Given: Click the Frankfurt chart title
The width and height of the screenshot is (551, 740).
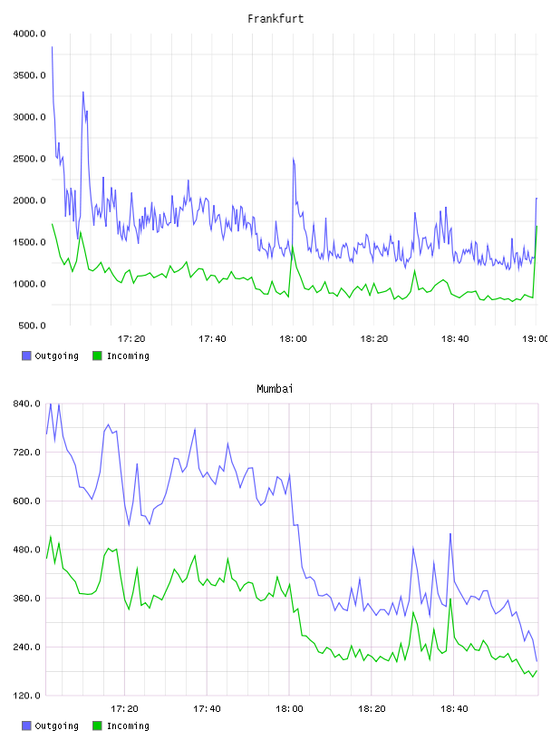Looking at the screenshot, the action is point(275,19).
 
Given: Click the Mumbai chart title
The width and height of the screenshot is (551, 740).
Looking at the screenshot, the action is point(275,389).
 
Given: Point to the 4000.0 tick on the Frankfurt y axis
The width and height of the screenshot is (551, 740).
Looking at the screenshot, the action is point(29,34).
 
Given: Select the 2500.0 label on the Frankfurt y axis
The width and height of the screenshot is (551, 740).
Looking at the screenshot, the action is point(29,159).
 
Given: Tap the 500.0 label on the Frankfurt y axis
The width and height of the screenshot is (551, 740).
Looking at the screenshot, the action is point(32,326).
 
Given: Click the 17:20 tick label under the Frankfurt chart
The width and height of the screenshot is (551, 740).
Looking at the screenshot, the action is point(131,339).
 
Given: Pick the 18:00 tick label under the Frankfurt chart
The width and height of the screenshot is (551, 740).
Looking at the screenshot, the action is point(293,339).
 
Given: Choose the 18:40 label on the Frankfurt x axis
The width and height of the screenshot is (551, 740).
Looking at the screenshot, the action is point(455,339).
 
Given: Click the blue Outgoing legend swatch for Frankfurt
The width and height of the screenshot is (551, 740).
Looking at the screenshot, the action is point(26,355).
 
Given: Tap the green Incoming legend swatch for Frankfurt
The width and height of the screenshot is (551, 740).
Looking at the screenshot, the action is point(97,355).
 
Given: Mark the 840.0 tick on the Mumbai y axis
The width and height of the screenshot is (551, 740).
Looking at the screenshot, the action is point(27,404).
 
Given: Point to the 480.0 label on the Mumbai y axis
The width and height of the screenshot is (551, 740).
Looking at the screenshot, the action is point(27,550).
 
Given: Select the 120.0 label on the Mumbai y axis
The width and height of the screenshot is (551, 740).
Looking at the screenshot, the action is point(27,696).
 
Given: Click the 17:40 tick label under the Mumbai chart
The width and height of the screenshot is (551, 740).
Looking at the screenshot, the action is point(207,709).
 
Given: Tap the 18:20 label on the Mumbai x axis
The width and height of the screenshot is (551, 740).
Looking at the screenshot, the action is point(372,709).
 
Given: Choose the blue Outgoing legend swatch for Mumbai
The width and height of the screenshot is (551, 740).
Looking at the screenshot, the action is point(26,725).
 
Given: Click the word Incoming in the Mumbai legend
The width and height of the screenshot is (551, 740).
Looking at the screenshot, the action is point(128,725).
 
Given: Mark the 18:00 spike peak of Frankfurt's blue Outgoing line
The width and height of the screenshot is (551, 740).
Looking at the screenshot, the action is point(293,159).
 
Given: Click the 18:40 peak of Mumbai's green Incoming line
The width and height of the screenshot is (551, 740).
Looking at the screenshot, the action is point(450,599).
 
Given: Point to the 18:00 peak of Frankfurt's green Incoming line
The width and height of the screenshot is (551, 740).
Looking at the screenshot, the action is point(293,248).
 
